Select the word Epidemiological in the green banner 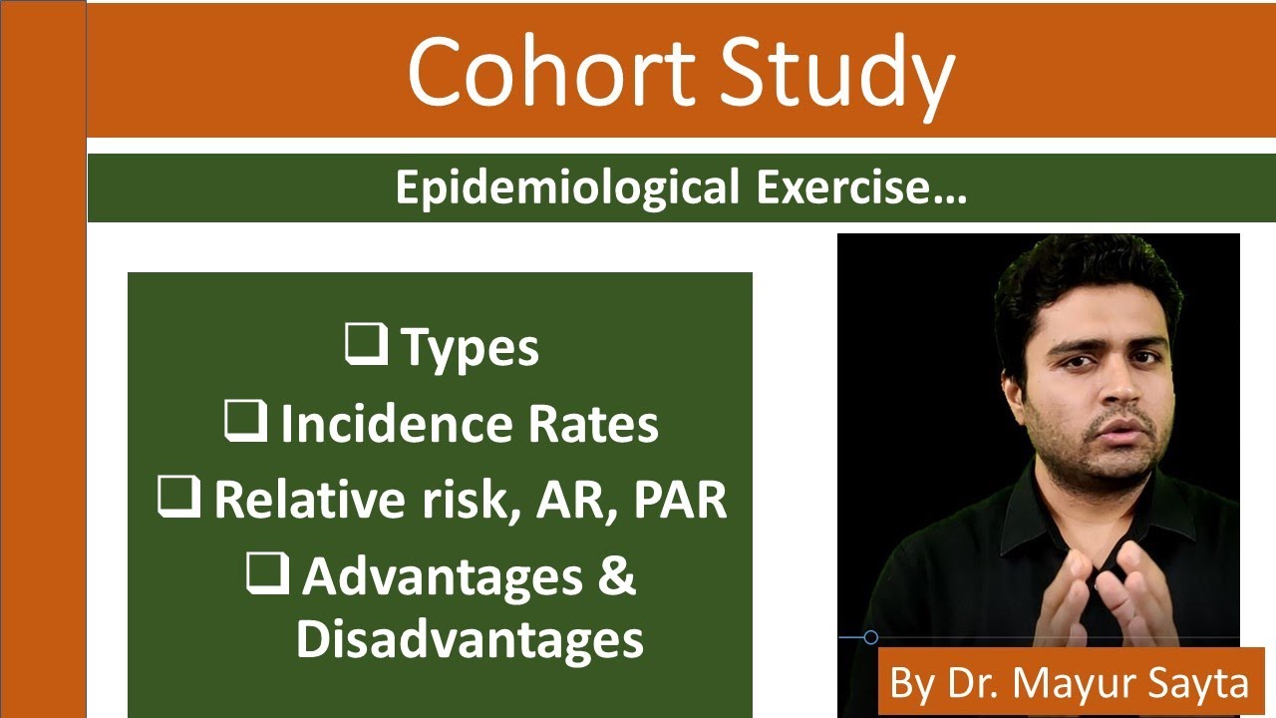click(566, 188)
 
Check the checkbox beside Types click(367, 345)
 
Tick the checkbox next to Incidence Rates click(245, 422)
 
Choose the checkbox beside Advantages click(268, 575)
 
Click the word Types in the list click(470, 348)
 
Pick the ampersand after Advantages click(617, 577)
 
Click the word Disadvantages click(470, 639)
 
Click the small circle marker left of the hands click(870, 637)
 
